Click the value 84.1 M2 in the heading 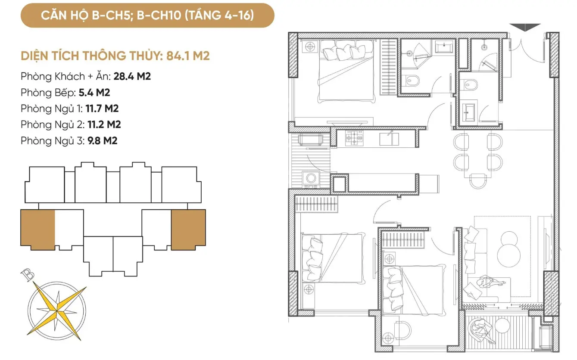pos(188,56)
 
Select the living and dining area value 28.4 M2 pos(132,76)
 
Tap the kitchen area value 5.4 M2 pos(94,93)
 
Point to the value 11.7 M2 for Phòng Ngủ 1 pos(102,109)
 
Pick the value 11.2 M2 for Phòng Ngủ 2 pos(104,124)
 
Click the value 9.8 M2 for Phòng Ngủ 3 pos(103,141)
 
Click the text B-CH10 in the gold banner pos(159,15)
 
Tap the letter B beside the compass pos(27,275)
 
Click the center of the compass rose pos(57,311)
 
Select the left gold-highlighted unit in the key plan pos(38,230)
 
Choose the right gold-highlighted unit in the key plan pos(188,230)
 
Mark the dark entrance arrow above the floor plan pos(525,27)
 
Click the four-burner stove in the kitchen pos(355,138)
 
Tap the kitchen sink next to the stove pos(389,138)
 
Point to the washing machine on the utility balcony pos(311,178)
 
